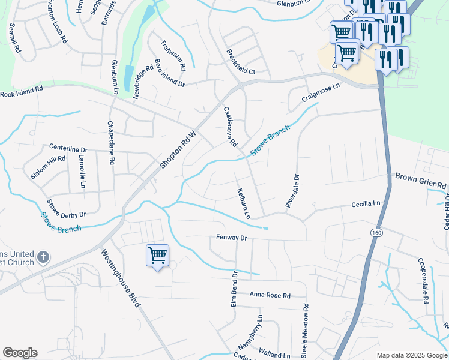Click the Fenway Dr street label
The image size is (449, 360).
pos(232,238)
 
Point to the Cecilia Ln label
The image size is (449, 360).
pos(366,205)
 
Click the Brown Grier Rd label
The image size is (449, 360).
pos(421,181)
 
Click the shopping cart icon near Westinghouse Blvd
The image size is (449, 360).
pos(157,256)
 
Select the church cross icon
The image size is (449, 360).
pos(43,257)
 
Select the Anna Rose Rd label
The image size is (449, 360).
pos(270,296)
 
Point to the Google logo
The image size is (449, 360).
pos(20,353)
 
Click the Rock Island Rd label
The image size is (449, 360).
pos(22,92)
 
